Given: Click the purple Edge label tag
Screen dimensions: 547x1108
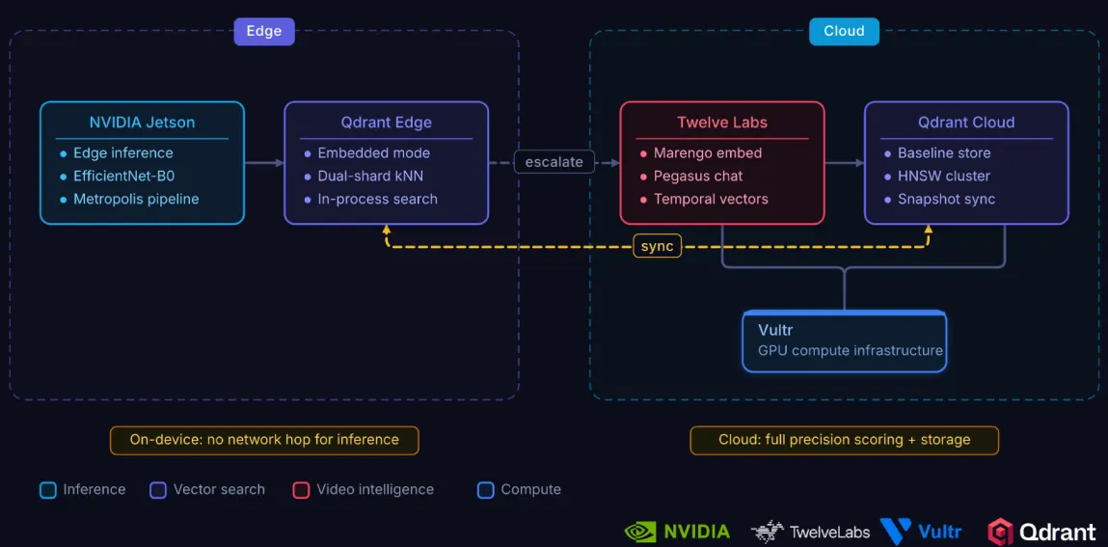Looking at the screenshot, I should [x=263, y=31].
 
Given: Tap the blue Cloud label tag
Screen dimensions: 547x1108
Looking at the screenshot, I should [x=844, y=31].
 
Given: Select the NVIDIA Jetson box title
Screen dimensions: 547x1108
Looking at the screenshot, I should [x=142, y=123].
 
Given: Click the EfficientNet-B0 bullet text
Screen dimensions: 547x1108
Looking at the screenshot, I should [x=123, y=176].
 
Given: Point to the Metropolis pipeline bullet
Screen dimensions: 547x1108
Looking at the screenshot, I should [x=136, y=199].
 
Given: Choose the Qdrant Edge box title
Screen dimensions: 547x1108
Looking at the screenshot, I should [x=386, y=123].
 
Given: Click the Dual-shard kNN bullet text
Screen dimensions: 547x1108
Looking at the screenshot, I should [x=370, y=176].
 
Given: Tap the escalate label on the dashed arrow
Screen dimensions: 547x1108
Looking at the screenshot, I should [x=554, y=162].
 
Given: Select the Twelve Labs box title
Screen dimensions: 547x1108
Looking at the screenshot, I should [x=722, y=123].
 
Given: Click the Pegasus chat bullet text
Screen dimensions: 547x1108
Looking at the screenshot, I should [x=698, y=176].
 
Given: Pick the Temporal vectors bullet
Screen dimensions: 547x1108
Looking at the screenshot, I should [x=711, y=199].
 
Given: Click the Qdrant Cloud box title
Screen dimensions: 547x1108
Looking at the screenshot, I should [x=966, y=123].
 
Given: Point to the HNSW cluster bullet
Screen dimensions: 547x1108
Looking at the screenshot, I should [x=944, y=176].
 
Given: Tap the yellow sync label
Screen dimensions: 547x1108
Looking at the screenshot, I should [x=658, y=246].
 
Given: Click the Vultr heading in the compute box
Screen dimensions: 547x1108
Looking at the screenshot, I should [x=775, y=331].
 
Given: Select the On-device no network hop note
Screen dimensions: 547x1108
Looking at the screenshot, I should [x=264, y=440].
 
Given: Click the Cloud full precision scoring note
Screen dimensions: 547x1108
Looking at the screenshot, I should [x=844, y=440].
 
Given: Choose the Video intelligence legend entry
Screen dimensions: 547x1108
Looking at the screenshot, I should [x=374, y=489].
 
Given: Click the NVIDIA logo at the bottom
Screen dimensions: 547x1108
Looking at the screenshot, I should [x=677, y=532].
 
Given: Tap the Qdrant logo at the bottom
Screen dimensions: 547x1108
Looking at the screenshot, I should [x=1041, y=532].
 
